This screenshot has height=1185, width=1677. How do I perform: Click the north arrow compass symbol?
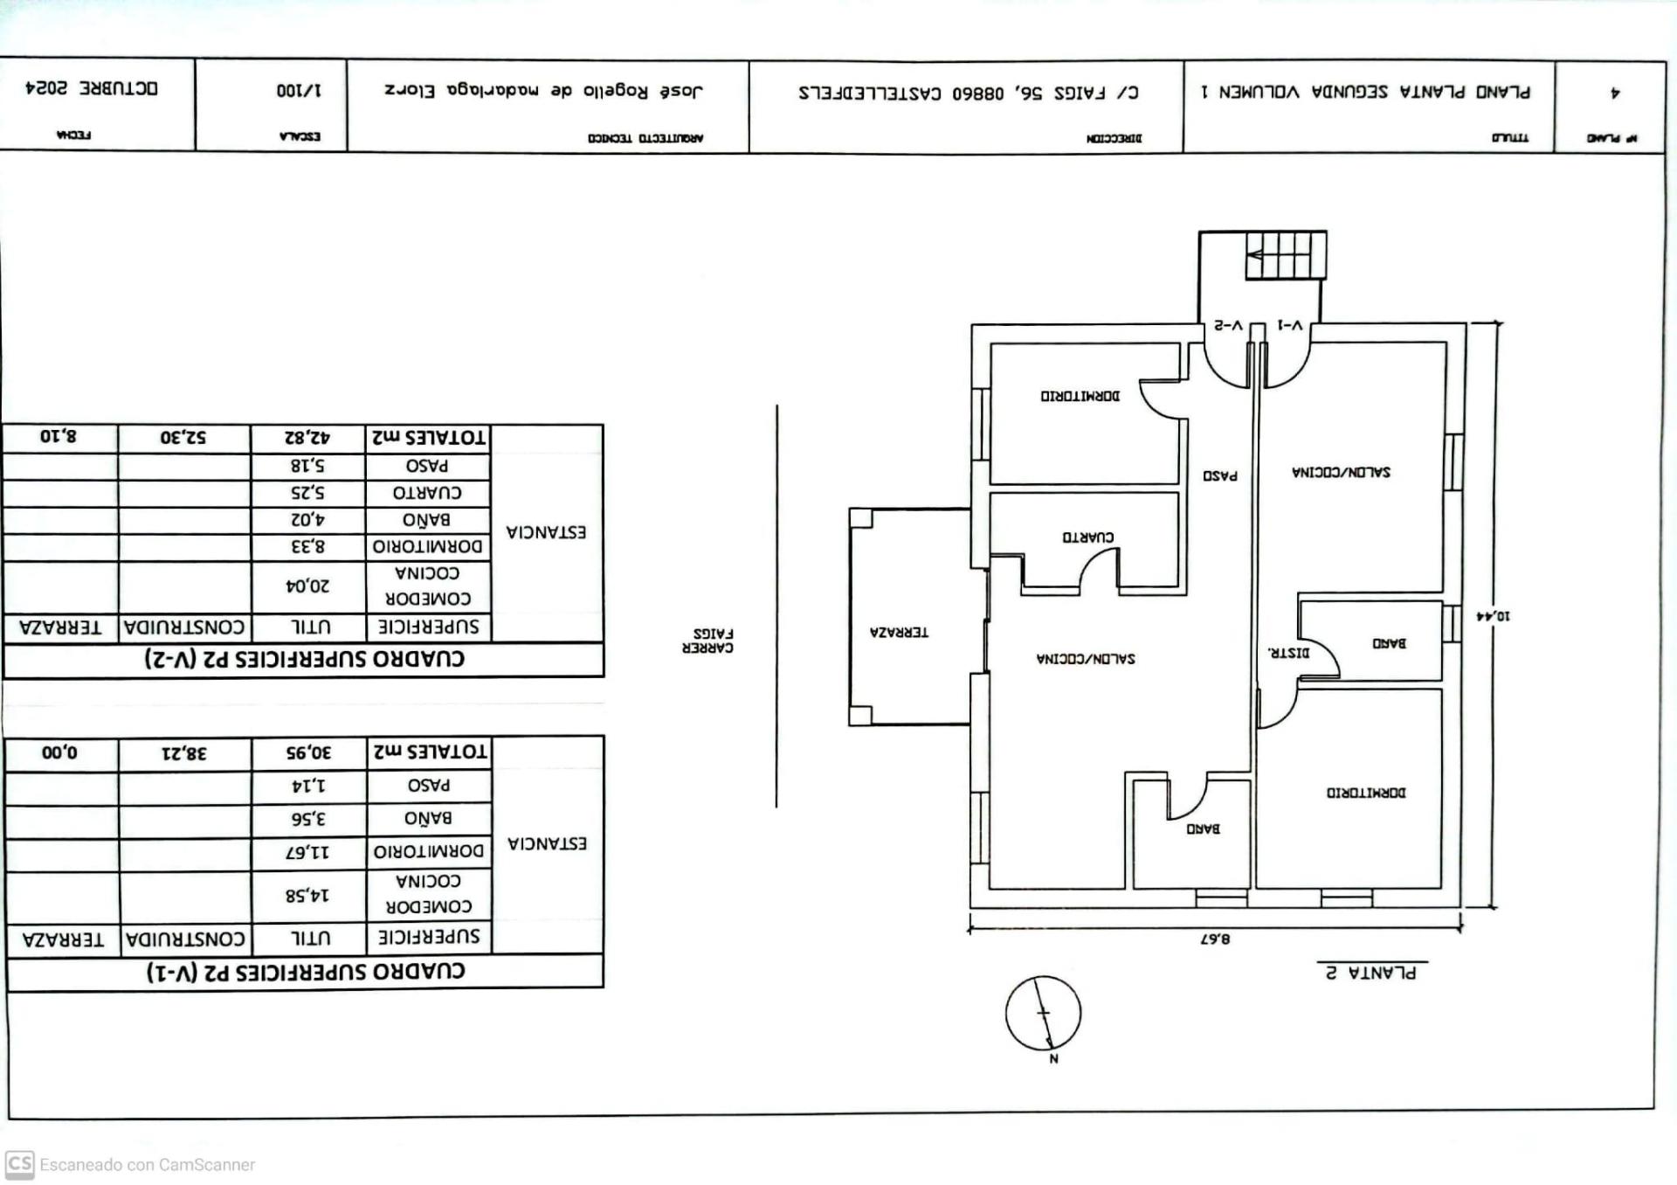click(x=1043, y=1013)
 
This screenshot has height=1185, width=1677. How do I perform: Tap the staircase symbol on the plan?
click(x=1285, y=255)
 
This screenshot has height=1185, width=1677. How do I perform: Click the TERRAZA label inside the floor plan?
click(x=899, y=632)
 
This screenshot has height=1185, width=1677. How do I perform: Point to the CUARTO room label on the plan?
click(x=1087, y=537)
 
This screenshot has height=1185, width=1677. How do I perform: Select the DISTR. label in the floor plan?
click(x=1288, y=652)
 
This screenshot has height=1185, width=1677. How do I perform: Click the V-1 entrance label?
click(x=1289, y=326)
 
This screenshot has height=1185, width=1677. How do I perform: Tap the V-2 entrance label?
click(x=1228, y=326)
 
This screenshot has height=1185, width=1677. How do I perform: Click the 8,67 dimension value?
click(x=1214, y=939)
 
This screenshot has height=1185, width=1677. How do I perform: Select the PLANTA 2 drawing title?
click(x=1370, y=973)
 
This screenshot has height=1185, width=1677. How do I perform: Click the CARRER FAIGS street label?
click(x=707, y=641)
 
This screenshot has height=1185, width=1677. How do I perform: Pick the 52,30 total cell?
click(x=183, y=438)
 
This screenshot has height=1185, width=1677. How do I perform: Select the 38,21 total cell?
click(x=183, y=753)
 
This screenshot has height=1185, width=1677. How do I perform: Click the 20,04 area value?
click(x=308, y=586)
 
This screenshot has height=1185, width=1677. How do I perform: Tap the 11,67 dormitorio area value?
click(x=308, y=852)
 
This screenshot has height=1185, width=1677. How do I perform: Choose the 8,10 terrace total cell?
click(x=59, y=437)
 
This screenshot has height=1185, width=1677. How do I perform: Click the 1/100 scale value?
click(x=298, y=91)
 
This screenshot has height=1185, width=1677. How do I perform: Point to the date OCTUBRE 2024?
click(x=92, y=88)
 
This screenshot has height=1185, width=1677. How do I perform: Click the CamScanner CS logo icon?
click(x=19, y=1164)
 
